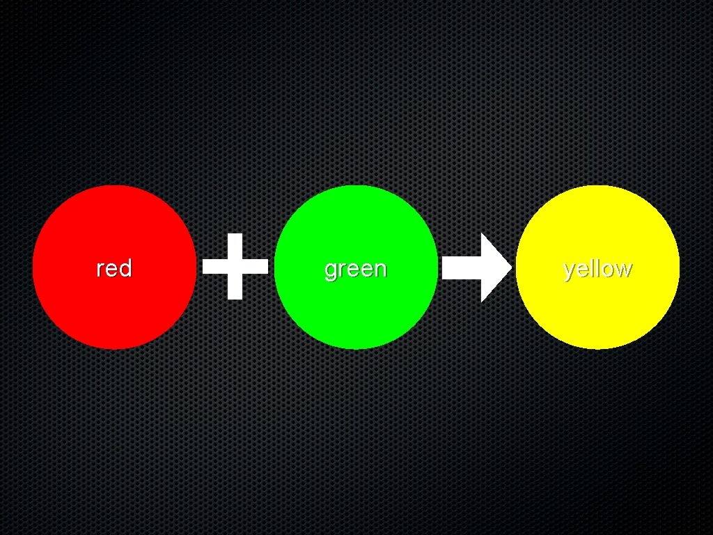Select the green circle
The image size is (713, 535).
[x=356, y=307]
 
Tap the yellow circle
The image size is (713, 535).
[x=597, y=307]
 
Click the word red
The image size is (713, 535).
[x=114, y=268]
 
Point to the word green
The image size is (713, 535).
[x=356, y=269]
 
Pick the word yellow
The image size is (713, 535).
[x=597, y=269]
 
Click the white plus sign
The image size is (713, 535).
[x=235, y=266]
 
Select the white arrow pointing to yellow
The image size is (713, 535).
[x=477, y=267]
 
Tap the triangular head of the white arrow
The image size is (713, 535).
[x=494, y=267]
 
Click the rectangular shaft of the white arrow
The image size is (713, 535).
[x=461, y=267]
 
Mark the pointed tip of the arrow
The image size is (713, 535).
[x=510, y=267]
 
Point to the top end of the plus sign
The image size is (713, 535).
[x=235, y=238]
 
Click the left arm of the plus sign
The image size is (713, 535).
[x=213, y=266]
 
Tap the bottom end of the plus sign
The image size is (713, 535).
[x=235, y=294]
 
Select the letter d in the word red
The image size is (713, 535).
[x=125, y=267]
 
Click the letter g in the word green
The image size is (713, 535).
[x=330, y=270]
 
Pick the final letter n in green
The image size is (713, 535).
[x=380, y=269]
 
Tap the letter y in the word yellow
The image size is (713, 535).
[x=569, y=270]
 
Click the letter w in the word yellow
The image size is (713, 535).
[x=624, y=269]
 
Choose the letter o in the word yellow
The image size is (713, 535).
[x=608, y=269]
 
